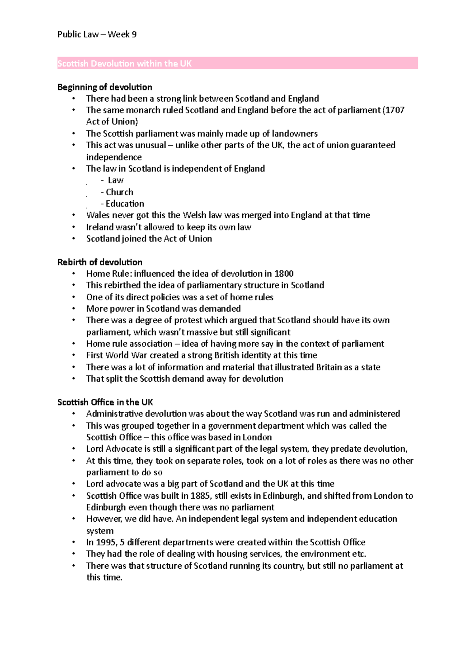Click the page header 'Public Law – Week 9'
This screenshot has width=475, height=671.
tap(97, 34)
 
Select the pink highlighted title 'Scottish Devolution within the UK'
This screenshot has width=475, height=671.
tap(124, 64)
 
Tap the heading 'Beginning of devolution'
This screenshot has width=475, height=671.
tap(104, 87)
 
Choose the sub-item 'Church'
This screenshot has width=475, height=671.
tap(119, 192)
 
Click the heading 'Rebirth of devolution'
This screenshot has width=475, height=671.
tap(100, 262)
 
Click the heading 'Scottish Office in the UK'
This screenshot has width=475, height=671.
tap(105, 402)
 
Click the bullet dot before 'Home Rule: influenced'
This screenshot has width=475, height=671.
tap(73, 274)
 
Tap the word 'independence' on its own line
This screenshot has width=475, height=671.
tap(114, 157)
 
